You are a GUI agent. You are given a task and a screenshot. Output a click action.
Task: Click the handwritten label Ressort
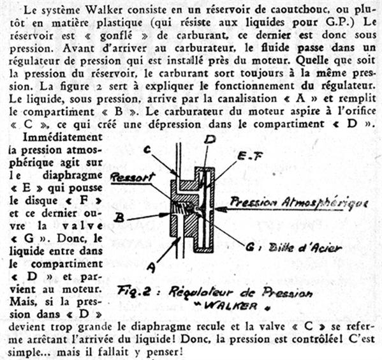point(133,177)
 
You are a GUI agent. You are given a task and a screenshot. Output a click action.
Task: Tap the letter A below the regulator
point(152,267)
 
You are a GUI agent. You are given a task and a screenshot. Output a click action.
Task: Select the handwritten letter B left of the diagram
point(119,218)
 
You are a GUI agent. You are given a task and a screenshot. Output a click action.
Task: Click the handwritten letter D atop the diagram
point(210,140)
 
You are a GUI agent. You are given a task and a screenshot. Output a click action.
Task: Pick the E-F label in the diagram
point(250,156)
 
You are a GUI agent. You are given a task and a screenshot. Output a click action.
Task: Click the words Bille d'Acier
point(305,248)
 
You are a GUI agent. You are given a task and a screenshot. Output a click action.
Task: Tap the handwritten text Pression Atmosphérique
point(298,203)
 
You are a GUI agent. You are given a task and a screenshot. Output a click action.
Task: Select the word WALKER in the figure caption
point(230,306)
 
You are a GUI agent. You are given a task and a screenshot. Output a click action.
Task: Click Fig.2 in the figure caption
point(133,292)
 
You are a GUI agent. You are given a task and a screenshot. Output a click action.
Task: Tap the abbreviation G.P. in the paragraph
point(341,22)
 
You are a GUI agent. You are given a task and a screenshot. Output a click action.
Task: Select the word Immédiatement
point(62,138)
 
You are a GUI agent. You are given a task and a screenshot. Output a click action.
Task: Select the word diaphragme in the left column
point(73,176)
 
